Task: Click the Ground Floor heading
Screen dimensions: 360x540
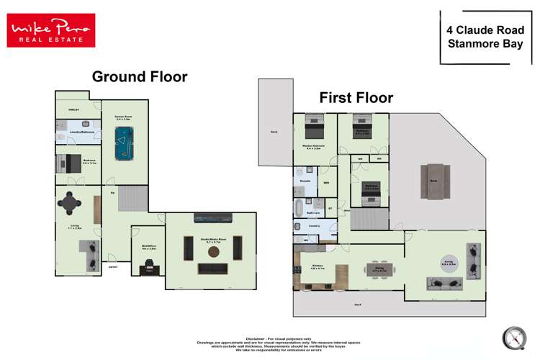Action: [x=139, y=76]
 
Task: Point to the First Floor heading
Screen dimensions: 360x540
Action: [x=356, y=97]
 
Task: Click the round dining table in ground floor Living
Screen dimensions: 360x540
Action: [x=71, y=204]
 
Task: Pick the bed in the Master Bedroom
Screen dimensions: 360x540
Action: [x=315, y=129]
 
